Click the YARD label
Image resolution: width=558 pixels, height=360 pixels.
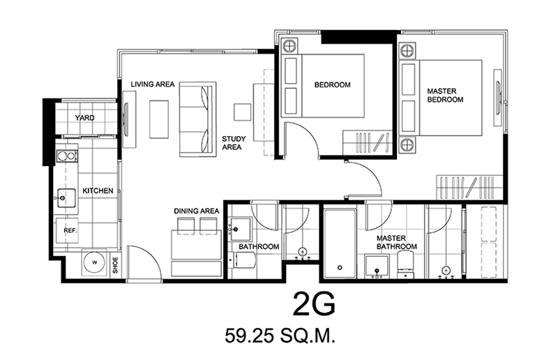pos(84,118)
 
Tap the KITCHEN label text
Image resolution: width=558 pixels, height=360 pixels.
pos(98,191)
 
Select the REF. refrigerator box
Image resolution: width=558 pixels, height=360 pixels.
pos(67,230)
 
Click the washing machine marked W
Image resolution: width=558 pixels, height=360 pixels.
pos(94,262)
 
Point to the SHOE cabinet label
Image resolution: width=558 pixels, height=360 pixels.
pos(115,265)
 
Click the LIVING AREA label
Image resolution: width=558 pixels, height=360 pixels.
pos(153,84)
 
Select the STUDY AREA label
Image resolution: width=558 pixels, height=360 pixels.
pos(234,143)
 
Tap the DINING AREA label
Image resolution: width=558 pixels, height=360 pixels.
pos(197,211)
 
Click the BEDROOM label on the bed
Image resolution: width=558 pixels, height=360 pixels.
pos(333,84)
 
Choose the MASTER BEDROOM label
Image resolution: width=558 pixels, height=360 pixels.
pos(445,96)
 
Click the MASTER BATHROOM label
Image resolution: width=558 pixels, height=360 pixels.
pos(397,243)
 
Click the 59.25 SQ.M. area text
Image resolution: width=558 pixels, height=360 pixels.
pos(280,336)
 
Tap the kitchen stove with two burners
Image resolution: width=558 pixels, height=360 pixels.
pos(67,156)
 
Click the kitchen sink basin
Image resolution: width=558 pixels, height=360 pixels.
pos(66,197)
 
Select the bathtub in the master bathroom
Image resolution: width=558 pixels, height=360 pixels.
pos(340,244)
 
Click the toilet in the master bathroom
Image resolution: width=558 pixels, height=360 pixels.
pos(405,265)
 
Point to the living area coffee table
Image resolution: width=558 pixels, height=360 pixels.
pos(159,119)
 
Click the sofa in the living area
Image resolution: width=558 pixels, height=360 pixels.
pos(197,119)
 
